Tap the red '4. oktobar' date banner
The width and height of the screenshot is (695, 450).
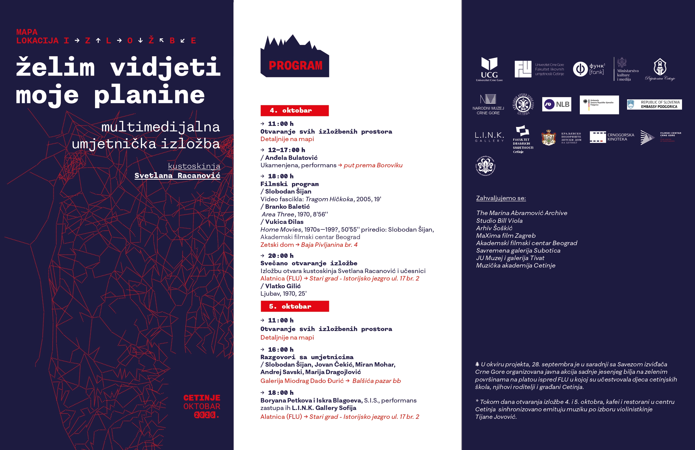[x=294, y=111]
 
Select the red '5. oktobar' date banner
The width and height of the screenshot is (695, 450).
[x=294, y=306]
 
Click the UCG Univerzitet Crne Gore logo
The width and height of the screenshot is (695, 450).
[x=489, y=69]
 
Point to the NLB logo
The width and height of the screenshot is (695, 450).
[x=557, y=104]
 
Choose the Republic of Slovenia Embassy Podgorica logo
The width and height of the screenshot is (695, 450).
[x=654, y=104]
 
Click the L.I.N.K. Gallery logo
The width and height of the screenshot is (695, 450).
[x=489, y=137]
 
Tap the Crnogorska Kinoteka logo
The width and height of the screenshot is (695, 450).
[x=612, y=137]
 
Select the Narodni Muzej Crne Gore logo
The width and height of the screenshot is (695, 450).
[x=488, y=104]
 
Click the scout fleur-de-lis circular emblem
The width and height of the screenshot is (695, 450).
[x=486, y=166]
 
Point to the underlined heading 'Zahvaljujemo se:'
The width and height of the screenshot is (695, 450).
[x=501, y=198]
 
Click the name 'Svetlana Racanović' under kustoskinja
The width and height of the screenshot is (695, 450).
[x=177, y=175]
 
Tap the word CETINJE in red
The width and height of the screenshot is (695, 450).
[x=202, y=398]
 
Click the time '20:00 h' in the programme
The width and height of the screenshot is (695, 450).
[x=281, y=256]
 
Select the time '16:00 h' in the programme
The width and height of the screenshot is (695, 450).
[x=281, y=350]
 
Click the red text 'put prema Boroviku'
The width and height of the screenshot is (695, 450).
[x=373, y=165]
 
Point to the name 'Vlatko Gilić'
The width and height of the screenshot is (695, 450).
[x=283, y=286]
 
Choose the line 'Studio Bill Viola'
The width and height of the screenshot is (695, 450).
[x=499, y=221]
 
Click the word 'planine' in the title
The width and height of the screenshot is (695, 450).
[x=149, y=95]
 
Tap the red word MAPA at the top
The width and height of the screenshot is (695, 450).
[x=27, y=32]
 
